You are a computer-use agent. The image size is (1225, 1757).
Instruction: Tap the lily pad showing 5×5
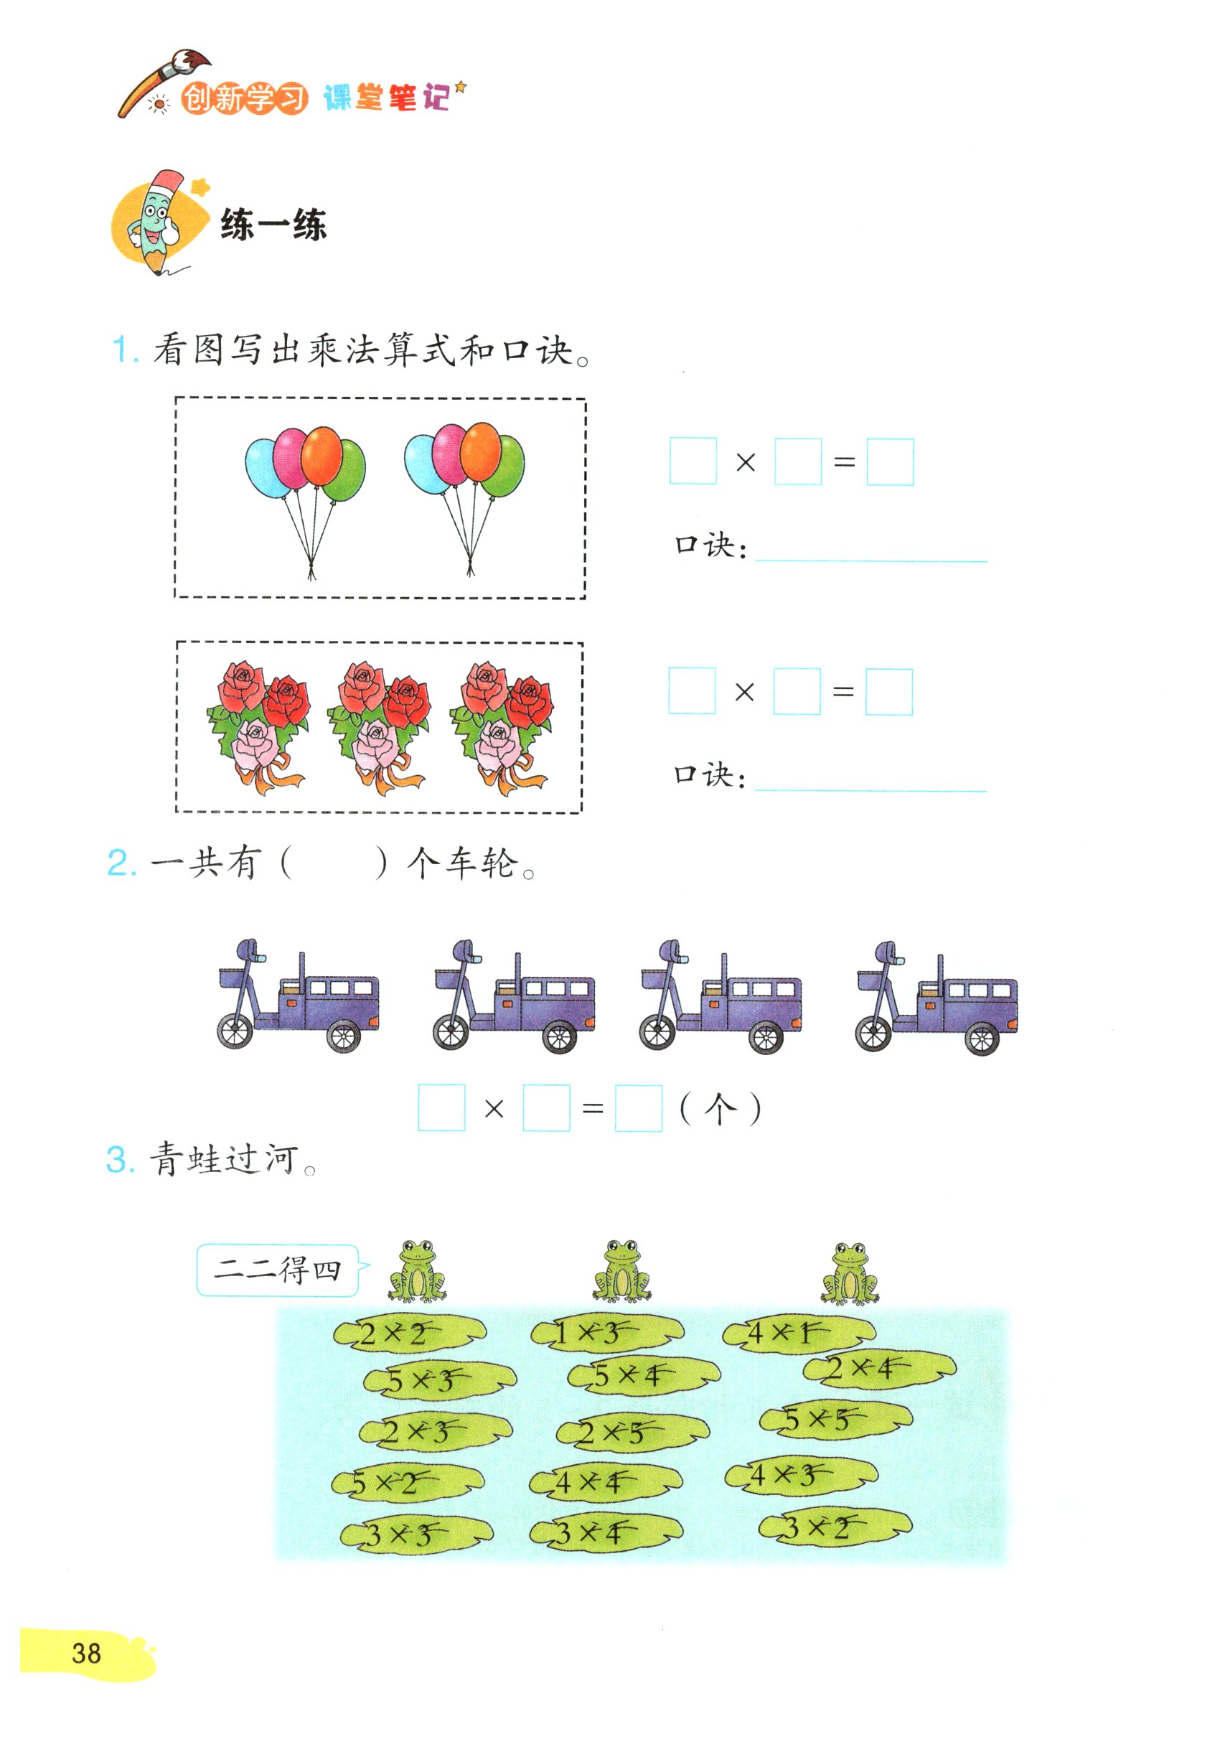click(835, 1420)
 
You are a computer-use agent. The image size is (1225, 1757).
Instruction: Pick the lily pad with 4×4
click(604, 1483)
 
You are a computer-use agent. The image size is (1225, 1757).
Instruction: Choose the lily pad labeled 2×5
click(632, 1433)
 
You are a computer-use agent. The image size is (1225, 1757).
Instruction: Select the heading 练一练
click(273, 225)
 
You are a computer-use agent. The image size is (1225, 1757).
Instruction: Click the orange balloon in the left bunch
click(321, 455)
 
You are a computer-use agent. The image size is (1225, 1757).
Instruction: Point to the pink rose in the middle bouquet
click(374, 742)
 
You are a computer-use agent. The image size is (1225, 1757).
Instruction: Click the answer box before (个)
click(638, 1108)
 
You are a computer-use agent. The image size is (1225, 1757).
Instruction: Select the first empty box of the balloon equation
click(693, 461)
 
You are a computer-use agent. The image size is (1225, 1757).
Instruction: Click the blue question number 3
click(120, 1160)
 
